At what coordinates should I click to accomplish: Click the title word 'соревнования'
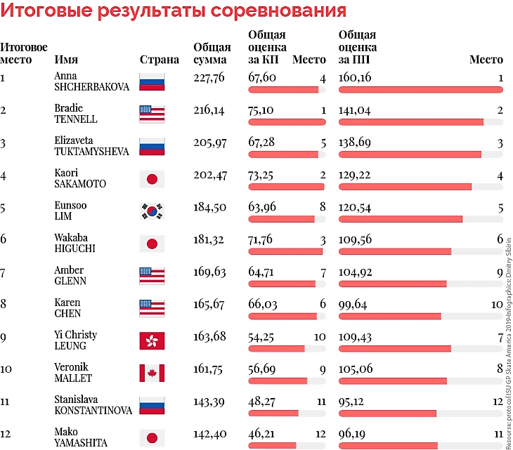coord(278,10)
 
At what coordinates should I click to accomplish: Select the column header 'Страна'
coord(160,60)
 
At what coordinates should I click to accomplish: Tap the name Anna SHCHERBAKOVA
coord(91,81)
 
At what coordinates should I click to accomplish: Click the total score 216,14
coord(209,110)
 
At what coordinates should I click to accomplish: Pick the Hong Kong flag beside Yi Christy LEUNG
coord(152,341)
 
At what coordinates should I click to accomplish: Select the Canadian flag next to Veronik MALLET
coord(152,373)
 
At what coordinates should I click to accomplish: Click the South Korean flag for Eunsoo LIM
coord(152,211)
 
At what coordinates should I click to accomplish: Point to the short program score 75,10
coord(261,110)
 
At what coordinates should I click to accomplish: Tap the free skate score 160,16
coord(355,77)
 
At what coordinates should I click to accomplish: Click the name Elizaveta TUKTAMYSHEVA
coord(91,146)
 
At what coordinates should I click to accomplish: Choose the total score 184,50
coord(209,207)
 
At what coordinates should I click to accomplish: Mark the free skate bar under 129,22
coord(405,187)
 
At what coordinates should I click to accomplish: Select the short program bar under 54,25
coord(276,349)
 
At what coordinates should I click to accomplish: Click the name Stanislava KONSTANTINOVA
coord(93,405)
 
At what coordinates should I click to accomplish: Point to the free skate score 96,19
coord(352,434)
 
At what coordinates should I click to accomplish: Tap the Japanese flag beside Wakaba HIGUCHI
coord(152,244)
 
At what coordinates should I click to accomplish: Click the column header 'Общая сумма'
coord(212,53)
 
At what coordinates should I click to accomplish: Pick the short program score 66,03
coord(263,304)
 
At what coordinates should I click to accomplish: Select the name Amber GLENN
coord(70,275)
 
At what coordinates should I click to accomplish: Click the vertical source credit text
coord(508,343)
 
